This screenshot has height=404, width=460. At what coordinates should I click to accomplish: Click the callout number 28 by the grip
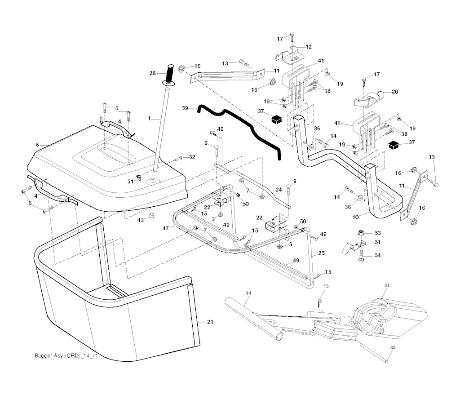pos(152,73)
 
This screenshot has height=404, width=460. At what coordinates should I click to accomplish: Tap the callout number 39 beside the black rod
pos(184,108)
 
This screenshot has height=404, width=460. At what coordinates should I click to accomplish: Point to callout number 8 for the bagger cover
pos(37,145)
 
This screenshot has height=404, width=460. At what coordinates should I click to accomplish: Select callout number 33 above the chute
pos(387,285)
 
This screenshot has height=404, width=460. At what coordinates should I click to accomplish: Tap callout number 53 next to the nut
pos(377,233)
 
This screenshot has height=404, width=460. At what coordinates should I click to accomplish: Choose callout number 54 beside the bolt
pos(377,255)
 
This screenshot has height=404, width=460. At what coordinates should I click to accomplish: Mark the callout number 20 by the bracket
pos(395,92)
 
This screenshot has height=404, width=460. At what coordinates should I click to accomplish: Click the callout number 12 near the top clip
pos(309,47)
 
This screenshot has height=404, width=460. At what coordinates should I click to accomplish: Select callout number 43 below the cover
pos(140,220)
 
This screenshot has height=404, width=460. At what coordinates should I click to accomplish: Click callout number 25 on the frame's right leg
pos(321,253)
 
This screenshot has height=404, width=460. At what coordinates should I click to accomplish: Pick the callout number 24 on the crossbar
pos(279,190)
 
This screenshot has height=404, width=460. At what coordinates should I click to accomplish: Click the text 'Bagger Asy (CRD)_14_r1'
pos(66,356)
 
